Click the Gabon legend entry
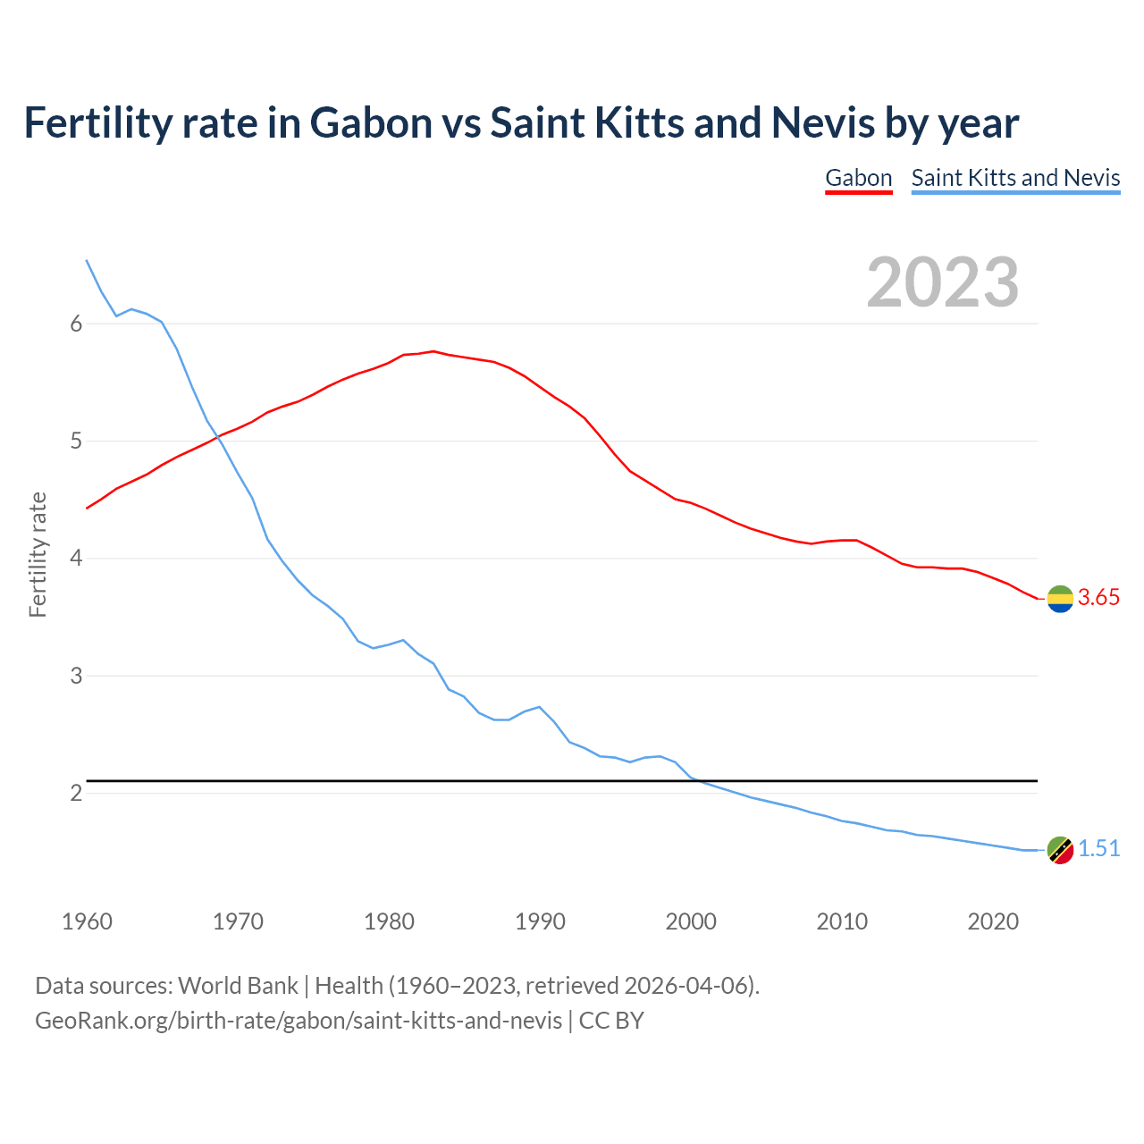coord(858,178)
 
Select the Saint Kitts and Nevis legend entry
coord(1015,178)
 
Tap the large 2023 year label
coord(943,282)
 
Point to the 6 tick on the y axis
coord(76,324)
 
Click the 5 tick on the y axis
coord(76,442)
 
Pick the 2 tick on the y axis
coord(76,794)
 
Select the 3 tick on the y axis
coord(76,677)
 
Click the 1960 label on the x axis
coord(87,921)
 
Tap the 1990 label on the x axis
coord(540,921)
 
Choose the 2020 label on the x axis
coord(993,921)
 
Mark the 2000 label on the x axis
coord(691,921)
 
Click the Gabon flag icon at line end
coord(1060,599)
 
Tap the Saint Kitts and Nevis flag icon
coord(1060,850)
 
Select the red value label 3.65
coord(1098,598)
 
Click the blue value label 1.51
coord(1098,849)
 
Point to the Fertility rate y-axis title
coord(38,554)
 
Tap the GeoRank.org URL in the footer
coord(299,1021)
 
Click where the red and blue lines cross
coord(217,436)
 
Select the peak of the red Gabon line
coord(433,351)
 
